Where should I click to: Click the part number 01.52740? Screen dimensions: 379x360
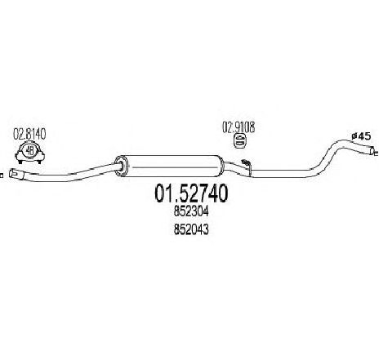click(x=191, y=193)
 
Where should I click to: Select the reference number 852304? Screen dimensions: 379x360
click(x=191, y=212)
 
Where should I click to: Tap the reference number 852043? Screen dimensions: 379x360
click(x=191, y=229)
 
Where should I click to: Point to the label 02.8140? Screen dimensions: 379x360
click(x=29, y=135)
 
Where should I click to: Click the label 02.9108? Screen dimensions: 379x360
click(x=239, y=127)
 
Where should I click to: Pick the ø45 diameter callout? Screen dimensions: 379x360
click(x=361, y=136)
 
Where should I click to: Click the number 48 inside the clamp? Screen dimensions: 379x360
click(x=29, y=150)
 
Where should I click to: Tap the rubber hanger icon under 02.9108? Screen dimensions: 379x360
click(x=239, y=140)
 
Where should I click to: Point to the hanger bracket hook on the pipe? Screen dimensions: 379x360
click(x=247, y=163)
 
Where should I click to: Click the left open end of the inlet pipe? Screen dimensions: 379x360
click(x=12, y=173)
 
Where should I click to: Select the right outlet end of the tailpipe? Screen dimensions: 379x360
click(x=372, y=150)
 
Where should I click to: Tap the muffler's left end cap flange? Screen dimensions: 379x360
click(x=121, y=166)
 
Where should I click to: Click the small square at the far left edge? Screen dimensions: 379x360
click(x=2, y=176)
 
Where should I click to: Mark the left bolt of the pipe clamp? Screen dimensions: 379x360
click(x=20, y=162)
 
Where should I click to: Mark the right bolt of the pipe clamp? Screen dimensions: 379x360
click(x=39, y=162)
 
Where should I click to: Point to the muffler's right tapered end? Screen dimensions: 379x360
click(x=221, y=166)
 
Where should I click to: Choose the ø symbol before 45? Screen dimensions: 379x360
click(x=354, y=136)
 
